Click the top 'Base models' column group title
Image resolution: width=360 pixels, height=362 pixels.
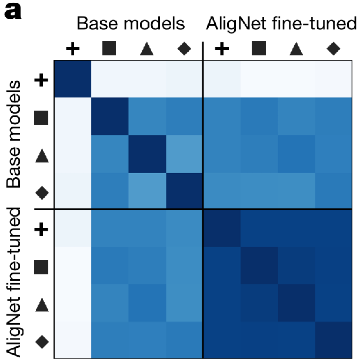(131, 24)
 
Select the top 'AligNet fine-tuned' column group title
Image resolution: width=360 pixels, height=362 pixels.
(281, 24)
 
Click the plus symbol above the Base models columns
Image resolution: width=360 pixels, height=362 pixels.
(72, 49)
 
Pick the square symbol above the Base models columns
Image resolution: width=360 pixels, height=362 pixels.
(109, 49)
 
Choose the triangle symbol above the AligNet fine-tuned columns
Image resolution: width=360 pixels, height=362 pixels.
(296, 49)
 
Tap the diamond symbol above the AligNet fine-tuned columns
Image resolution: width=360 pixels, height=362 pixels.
(333, 49)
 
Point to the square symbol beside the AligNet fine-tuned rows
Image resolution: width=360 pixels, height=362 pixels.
(41, 265)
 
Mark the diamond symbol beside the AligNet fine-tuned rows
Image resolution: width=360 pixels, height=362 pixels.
(41, 340)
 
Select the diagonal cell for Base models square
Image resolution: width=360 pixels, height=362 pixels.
(109, 115)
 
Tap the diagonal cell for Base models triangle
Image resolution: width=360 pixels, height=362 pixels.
(146, 152)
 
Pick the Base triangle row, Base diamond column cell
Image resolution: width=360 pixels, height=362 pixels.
(184, 152)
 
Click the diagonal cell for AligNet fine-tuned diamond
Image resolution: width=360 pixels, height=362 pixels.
(334, 340)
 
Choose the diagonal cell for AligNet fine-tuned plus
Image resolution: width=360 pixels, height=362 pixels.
(221, 228)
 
